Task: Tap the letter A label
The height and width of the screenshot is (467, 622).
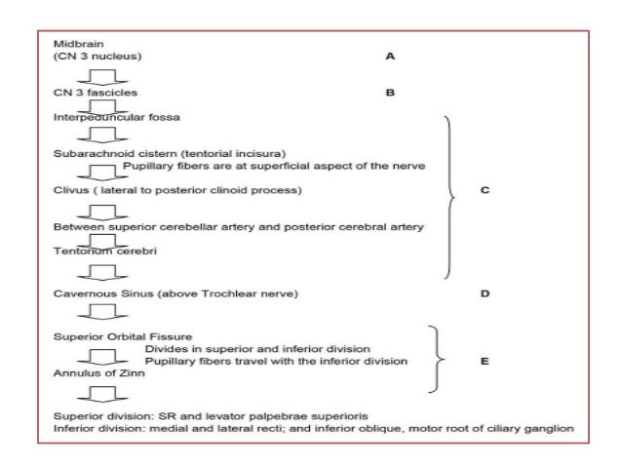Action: click(390, 57)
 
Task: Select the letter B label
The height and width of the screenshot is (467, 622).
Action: click(390, 94)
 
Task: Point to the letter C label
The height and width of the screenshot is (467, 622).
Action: click(485, 190)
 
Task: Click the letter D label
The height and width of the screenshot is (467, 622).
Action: click(485, 292)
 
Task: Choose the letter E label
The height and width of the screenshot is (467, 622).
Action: click(485, 360)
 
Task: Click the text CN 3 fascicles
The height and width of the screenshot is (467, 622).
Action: click(95, 94)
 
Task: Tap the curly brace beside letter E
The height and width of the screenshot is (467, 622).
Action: click(441, 356)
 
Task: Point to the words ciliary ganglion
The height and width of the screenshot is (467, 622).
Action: click(535, 428)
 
